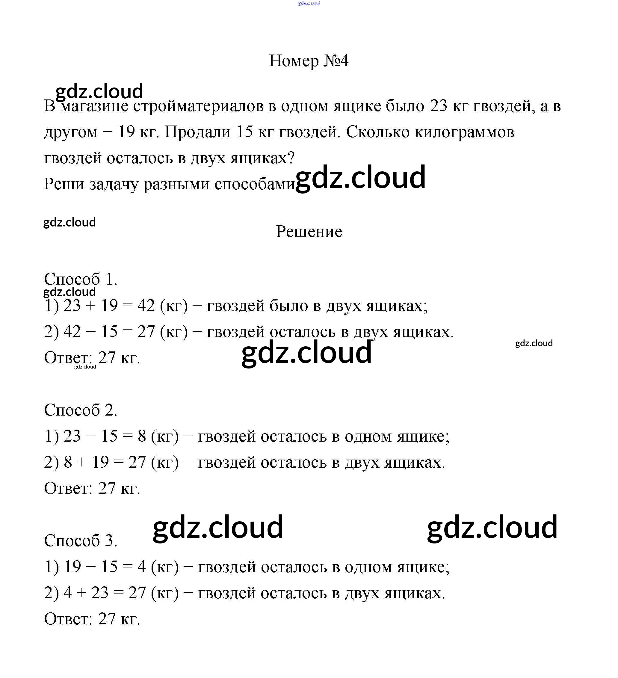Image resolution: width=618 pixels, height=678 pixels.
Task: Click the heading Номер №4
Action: click(x=308, y=61)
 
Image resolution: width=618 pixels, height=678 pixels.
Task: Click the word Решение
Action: click(x=309, y=231)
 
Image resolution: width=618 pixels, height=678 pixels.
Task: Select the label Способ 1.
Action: click(x=80, y=279)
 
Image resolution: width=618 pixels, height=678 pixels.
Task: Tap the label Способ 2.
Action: click(x=80, y=410)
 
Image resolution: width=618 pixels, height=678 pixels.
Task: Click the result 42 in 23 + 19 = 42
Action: click(x=146, y=305)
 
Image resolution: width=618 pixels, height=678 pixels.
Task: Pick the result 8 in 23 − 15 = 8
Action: click(x=142, y=436)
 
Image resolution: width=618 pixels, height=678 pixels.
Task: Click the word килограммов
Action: click(x=464, y=132)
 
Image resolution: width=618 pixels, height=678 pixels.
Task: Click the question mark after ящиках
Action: click(x=291, y=158)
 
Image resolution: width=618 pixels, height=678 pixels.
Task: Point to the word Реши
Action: click(x=64, y=184)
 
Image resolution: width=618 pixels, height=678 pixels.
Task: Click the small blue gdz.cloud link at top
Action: click(x=309, y=3)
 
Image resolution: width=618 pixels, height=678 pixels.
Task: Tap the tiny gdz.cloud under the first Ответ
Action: click(x=85, y=367)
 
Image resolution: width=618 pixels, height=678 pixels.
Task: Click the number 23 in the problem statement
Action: click(x=439, y=106)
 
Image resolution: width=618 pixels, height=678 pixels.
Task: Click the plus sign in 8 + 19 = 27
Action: click(x=82, y=462)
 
